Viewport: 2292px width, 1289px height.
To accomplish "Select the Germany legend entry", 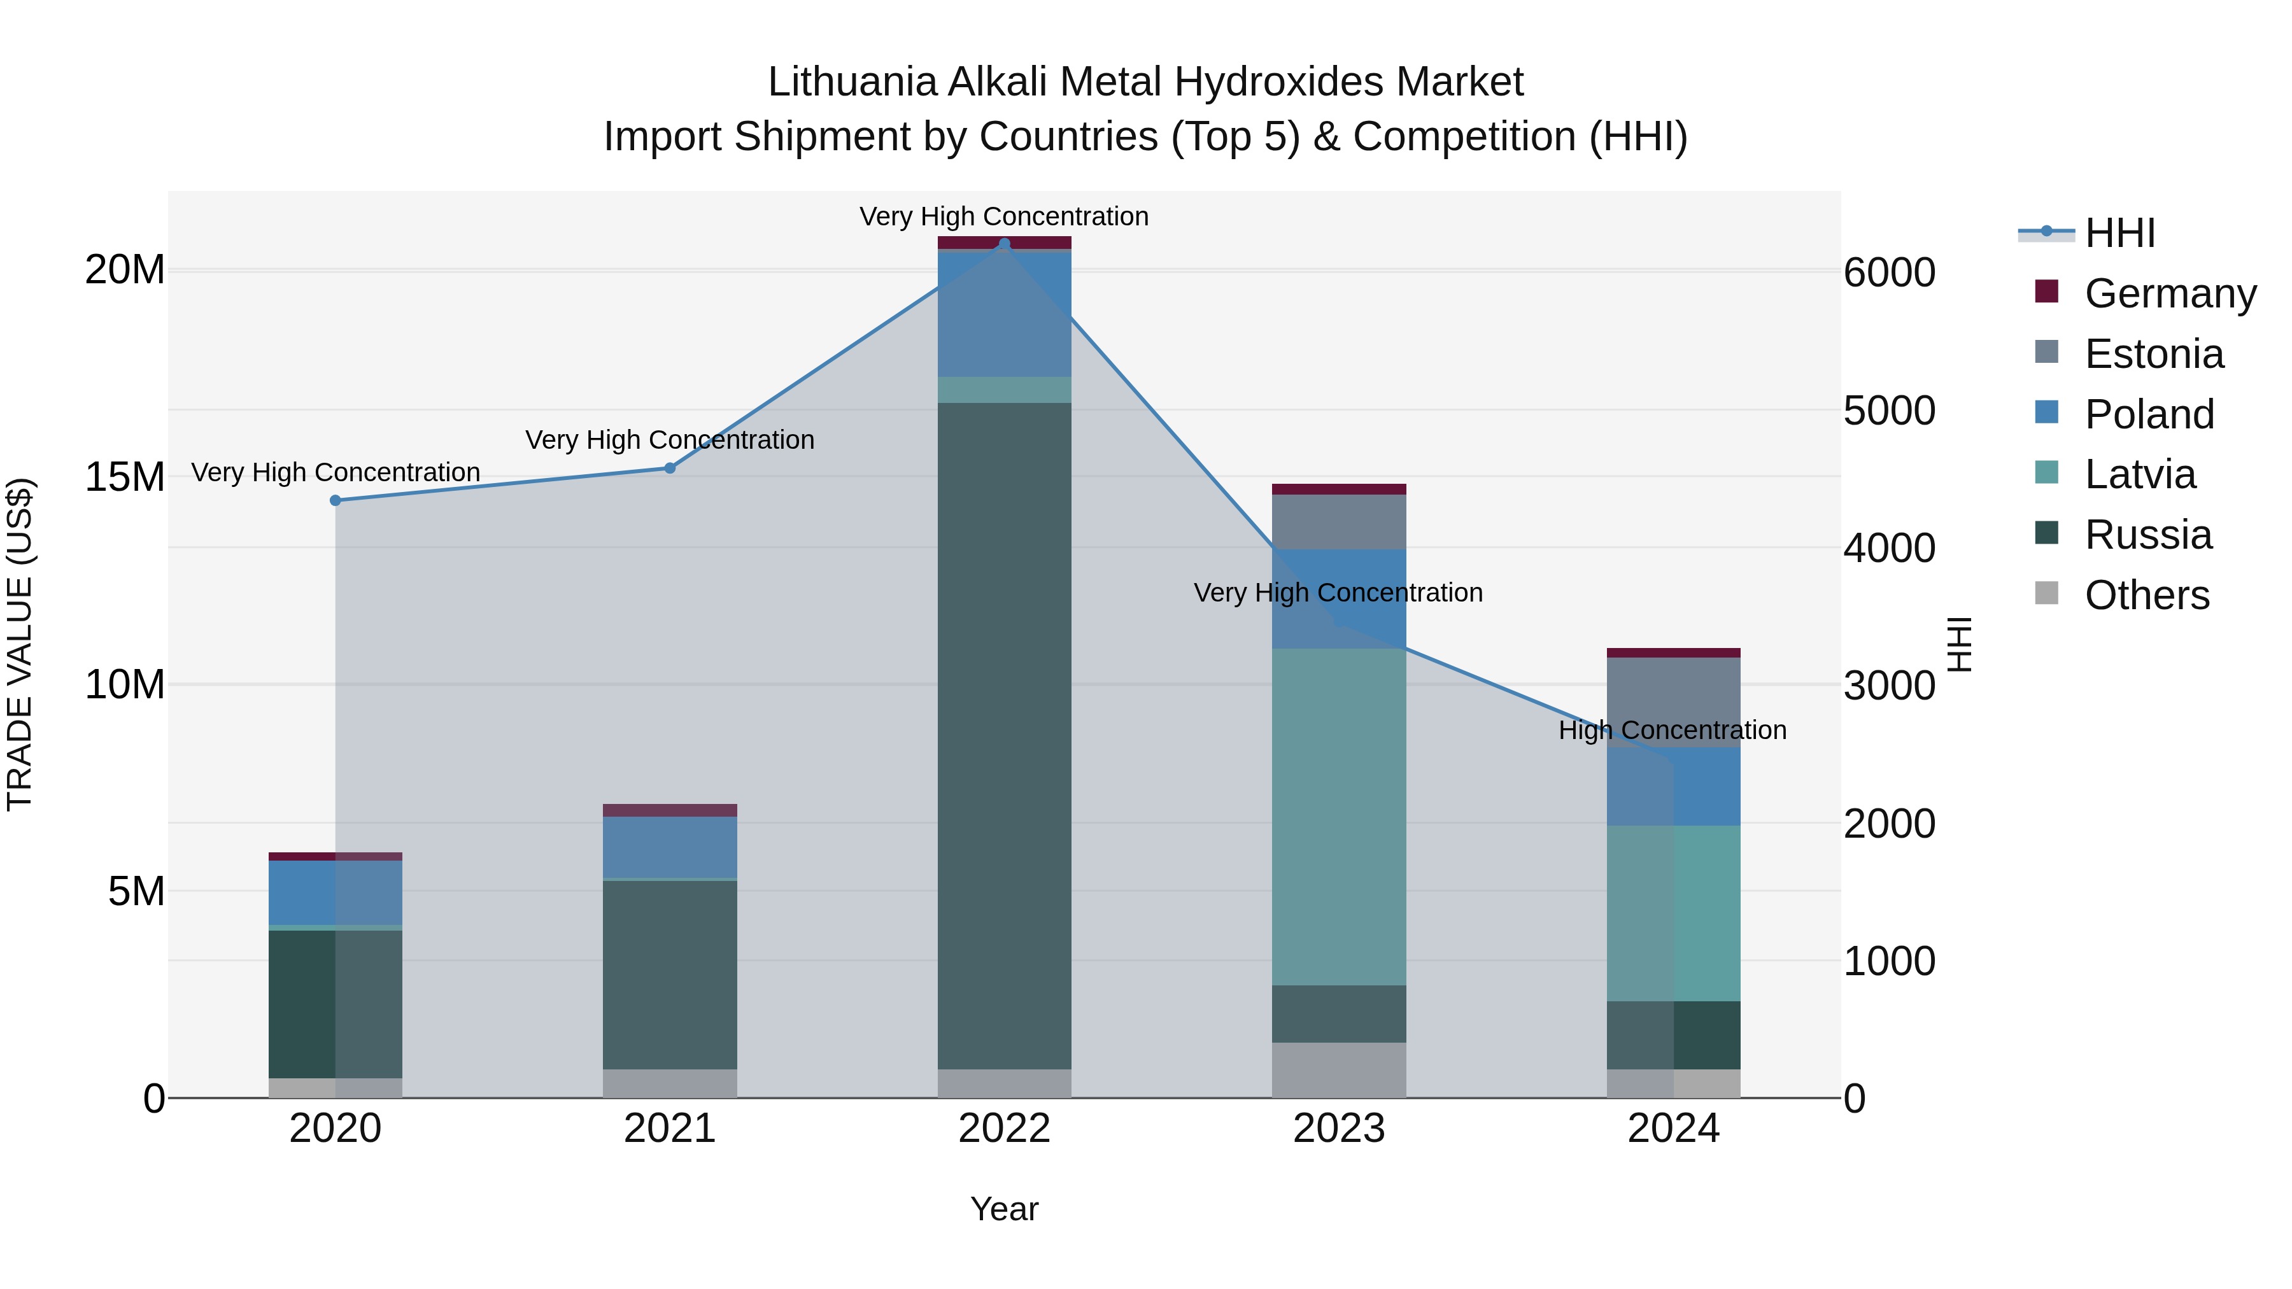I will click(2169, 293).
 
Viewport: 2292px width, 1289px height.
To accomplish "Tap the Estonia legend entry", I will click(2153, 354).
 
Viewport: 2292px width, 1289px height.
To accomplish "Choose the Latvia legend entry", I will click(2140, 474).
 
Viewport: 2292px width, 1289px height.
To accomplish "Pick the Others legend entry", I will click(2146, 595).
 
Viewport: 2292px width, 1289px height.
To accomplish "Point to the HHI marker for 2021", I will click(670, 468).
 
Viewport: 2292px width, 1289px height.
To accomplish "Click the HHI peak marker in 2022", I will click(1005, 244).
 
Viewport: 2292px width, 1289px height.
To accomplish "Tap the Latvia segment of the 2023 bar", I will click(1339, 817).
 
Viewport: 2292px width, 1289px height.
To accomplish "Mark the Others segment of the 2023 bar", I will click(1339, 1070).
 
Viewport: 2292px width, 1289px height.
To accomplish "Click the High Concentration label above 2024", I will click(1673, 730).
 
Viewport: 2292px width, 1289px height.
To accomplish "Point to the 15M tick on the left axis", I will click(125, 477).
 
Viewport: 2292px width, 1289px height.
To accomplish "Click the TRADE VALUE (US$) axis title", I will click(20, 644).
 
